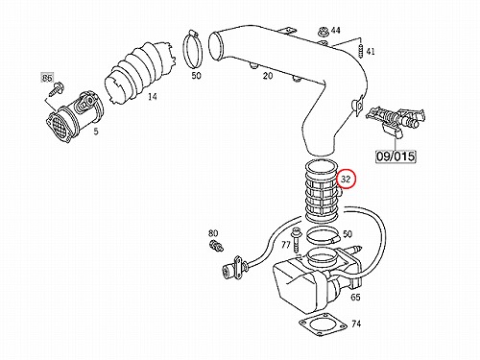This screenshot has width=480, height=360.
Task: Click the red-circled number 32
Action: [346, 180]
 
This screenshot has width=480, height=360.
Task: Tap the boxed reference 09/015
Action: [396, 156]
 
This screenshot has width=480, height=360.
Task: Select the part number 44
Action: [335, 31]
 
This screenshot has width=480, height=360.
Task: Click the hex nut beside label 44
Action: [323, 32]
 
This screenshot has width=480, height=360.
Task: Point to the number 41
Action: [371, 52]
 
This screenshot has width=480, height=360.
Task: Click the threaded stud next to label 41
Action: [361, 50]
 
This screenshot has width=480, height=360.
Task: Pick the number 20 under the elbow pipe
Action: [268, 76]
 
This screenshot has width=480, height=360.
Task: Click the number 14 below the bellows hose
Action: [153, 96]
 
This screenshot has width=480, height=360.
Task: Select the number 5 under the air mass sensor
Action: [96, 132]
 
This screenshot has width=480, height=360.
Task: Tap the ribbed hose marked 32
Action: [323, 191]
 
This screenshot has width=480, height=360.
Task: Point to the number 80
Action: [213, 233]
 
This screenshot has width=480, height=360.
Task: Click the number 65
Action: [355, 298]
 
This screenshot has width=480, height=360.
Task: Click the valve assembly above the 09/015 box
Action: [396, 121]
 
